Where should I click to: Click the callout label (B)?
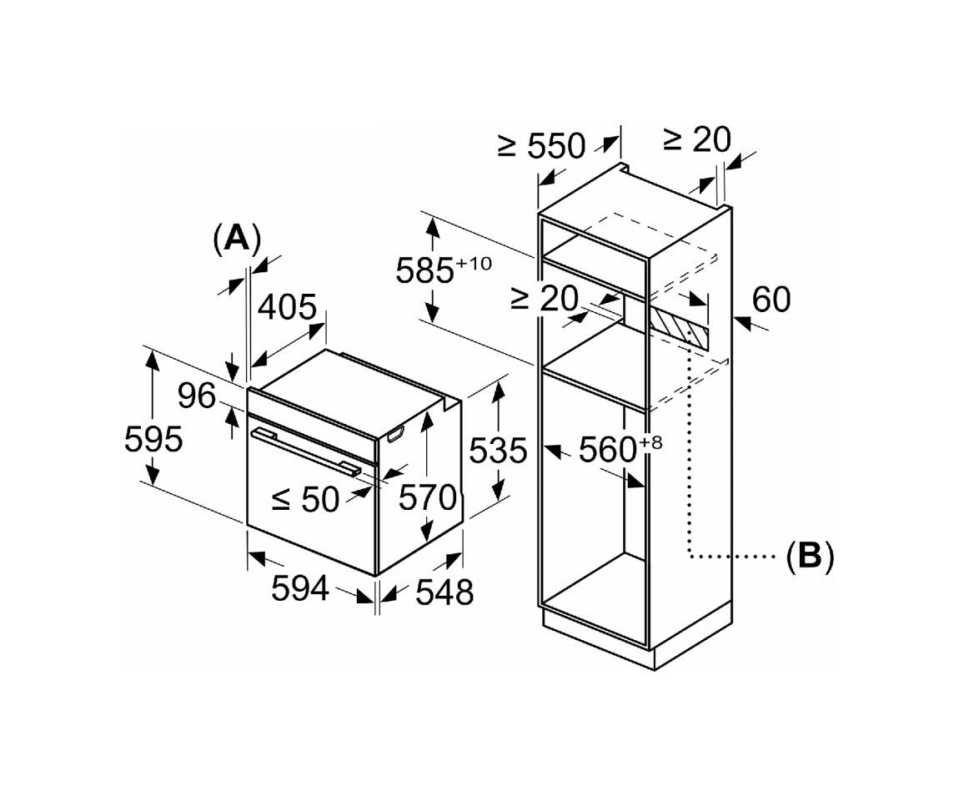[809, 557]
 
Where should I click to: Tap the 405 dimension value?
[287, 308]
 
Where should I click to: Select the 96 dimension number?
[197, 396]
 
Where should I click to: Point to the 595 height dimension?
[153, 439]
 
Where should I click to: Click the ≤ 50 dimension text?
[305, 499]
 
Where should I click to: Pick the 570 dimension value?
[428, 497]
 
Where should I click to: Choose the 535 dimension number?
[498, 451]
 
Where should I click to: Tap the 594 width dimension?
[300, 589]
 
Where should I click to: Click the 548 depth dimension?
[444, 592]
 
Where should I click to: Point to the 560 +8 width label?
[620, 449]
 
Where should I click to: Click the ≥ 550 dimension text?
[542, 146]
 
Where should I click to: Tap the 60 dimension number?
[771, 300]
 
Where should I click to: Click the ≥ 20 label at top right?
[696, 139]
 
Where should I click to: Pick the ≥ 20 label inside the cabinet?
[545, 299]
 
